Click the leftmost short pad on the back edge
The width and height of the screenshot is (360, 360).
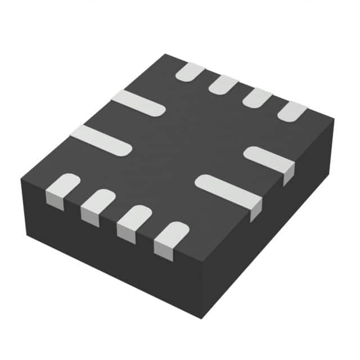tap(190, 71)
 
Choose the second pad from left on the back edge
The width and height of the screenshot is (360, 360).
tap(223, 84)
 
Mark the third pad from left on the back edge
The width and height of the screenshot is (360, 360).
tap(257, 98)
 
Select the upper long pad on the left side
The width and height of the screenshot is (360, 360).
tap(138, 103)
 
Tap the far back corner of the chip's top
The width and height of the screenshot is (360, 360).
tap(165, 55)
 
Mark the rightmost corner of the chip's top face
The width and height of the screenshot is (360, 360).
tap(334, 119)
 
